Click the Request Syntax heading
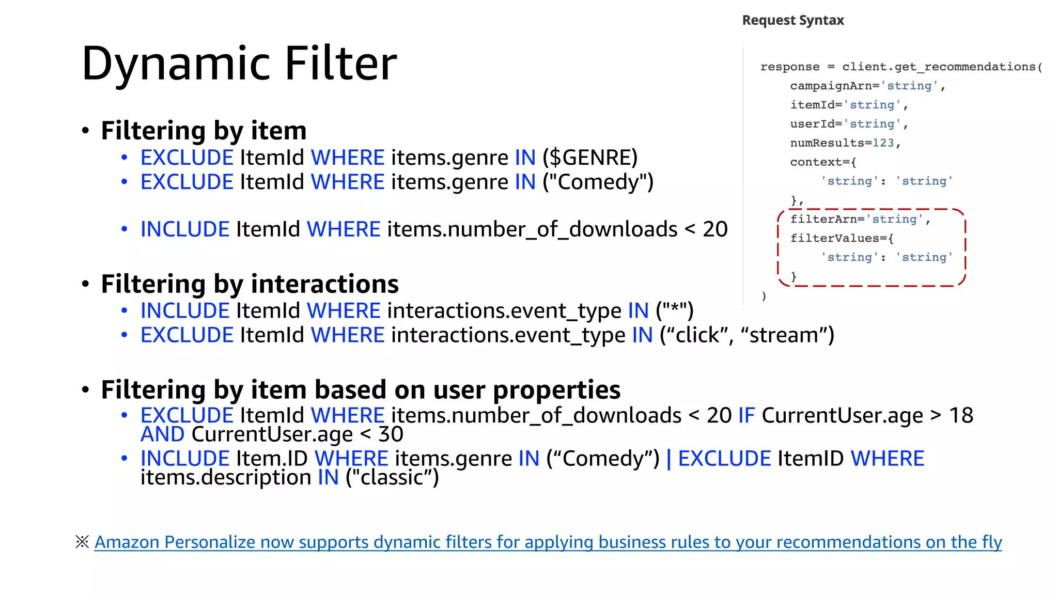793,20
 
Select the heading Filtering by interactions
250,284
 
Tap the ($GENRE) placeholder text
590,158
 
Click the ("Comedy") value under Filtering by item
598,182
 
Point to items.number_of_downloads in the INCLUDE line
532,229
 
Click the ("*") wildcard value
674,311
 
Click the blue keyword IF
746,415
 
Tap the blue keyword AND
162,434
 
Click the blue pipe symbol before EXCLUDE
669,459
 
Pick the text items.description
226,478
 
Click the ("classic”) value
392,478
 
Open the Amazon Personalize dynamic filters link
548,542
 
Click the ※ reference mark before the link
82,542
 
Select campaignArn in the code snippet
832,86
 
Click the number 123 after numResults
883,143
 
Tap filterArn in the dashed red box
824,219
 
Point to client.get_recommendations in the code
938,67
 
